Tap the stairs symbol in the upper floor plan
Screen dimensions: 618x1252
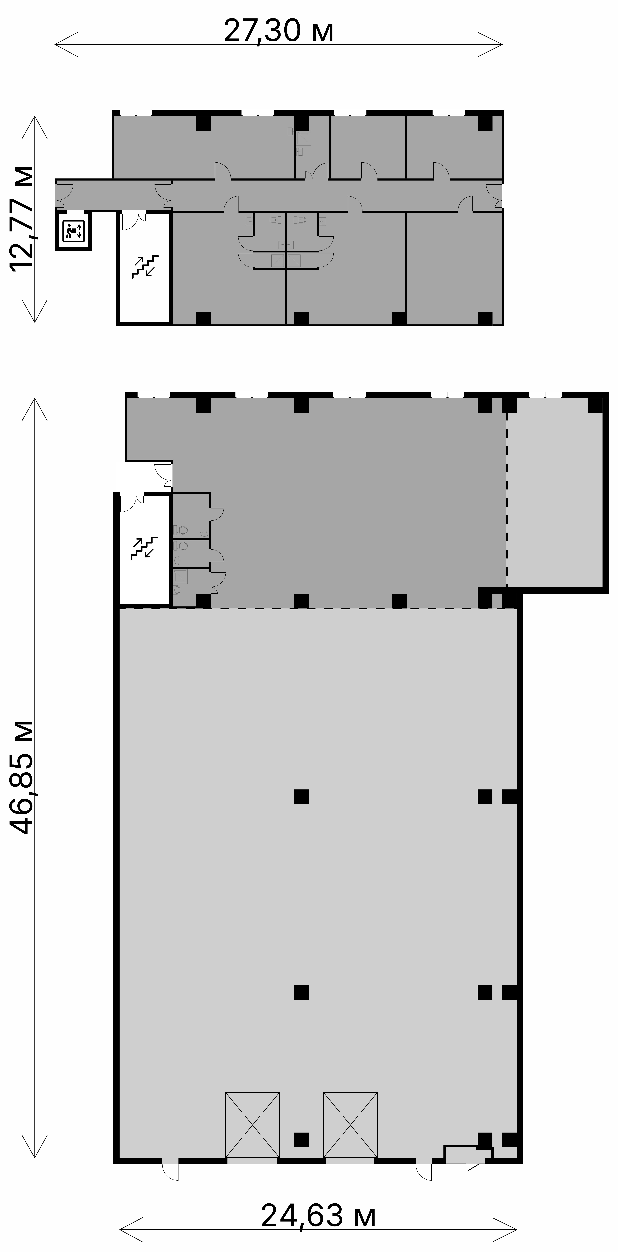click(145, 266)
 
